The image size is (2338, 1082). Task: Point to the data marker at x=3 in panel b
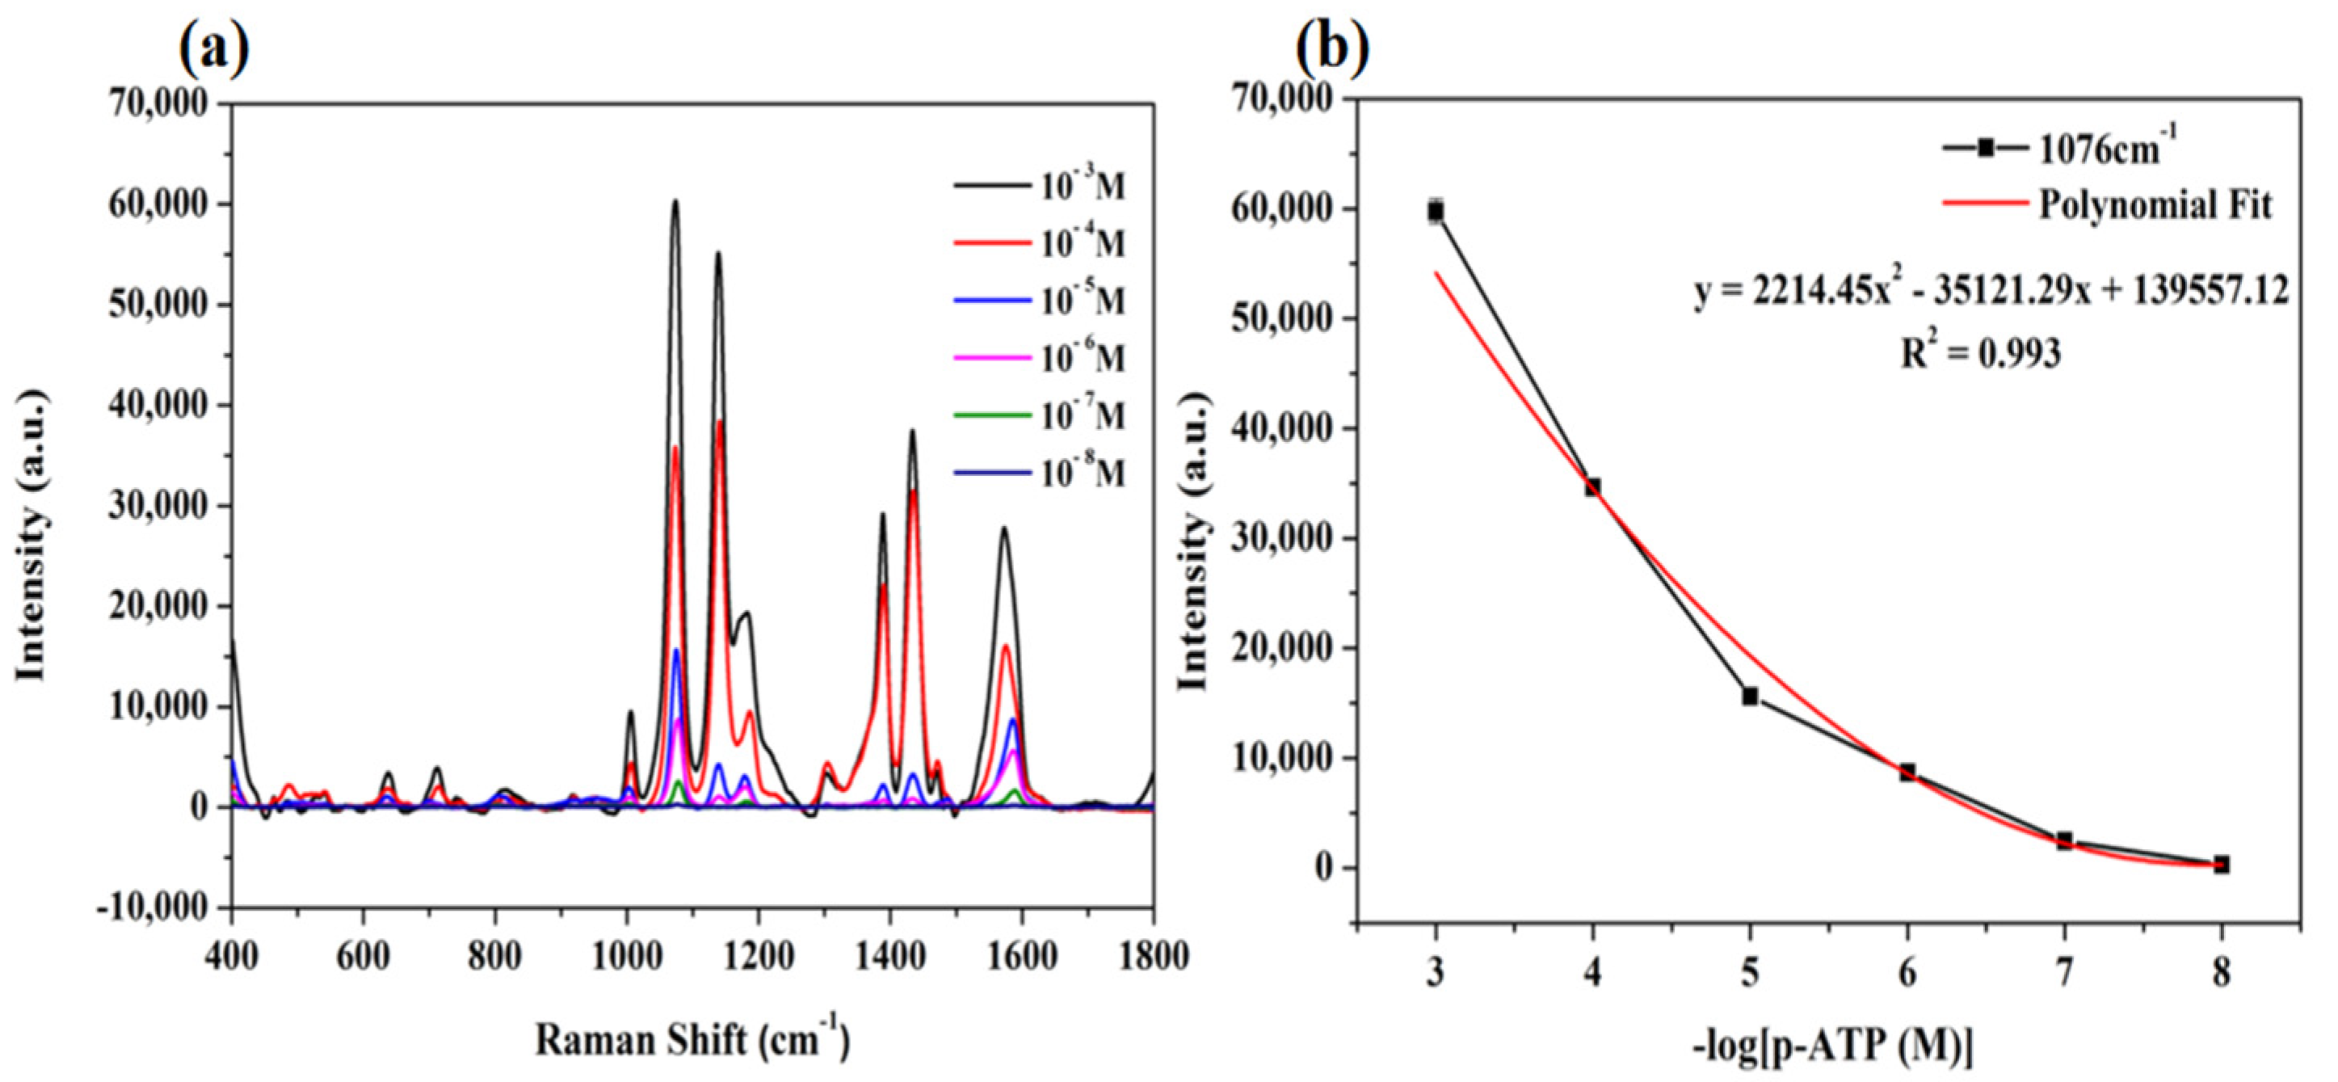1435,212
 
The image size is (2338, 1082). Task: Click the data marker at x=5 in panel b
1750,697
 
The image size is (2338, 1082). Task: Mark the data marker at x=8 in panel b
2221,864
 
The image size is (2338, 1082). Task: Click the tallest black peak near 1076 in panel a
675,201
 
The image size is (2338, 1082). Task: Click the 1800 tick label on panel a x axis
1153,957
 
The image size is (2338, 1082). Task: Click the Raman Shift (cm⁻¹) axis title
692,1039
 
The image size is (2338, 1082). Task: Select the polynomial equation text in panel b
1990,292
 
